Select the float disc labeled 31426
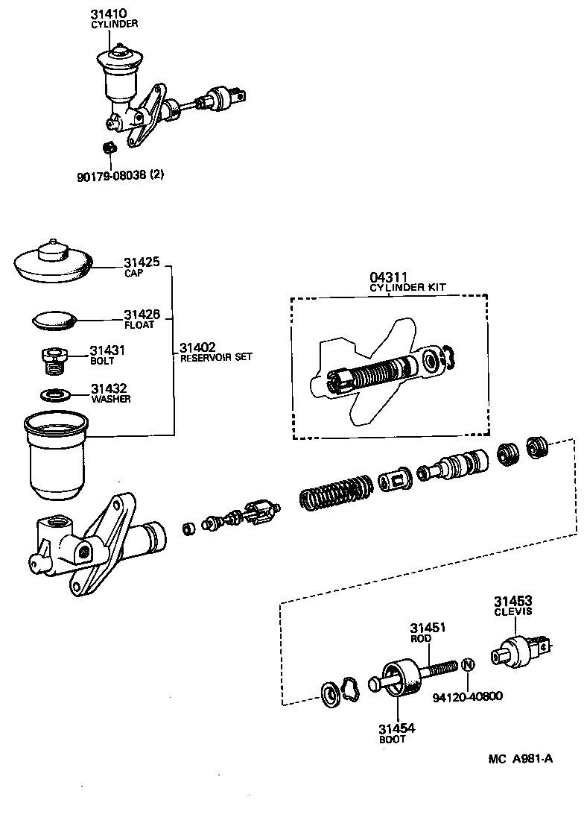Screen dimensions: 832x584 (56, 321)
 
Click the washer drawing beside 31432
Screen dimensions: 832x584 (54, 394)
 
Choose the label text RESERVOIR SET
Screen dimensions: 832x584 (216, 357)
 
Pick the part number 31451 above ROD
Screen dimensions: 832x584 (428, 628)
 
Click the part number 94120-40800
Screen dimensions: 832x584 (468, 697)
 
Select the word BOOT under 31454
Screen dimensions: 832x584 (392, 740)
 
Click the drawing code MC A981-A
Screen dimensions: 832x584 (521, 759)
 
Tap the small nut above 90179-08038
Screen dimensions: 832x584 (108, 147)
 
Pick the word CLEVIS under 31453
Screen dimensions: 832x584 (512, 611)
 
